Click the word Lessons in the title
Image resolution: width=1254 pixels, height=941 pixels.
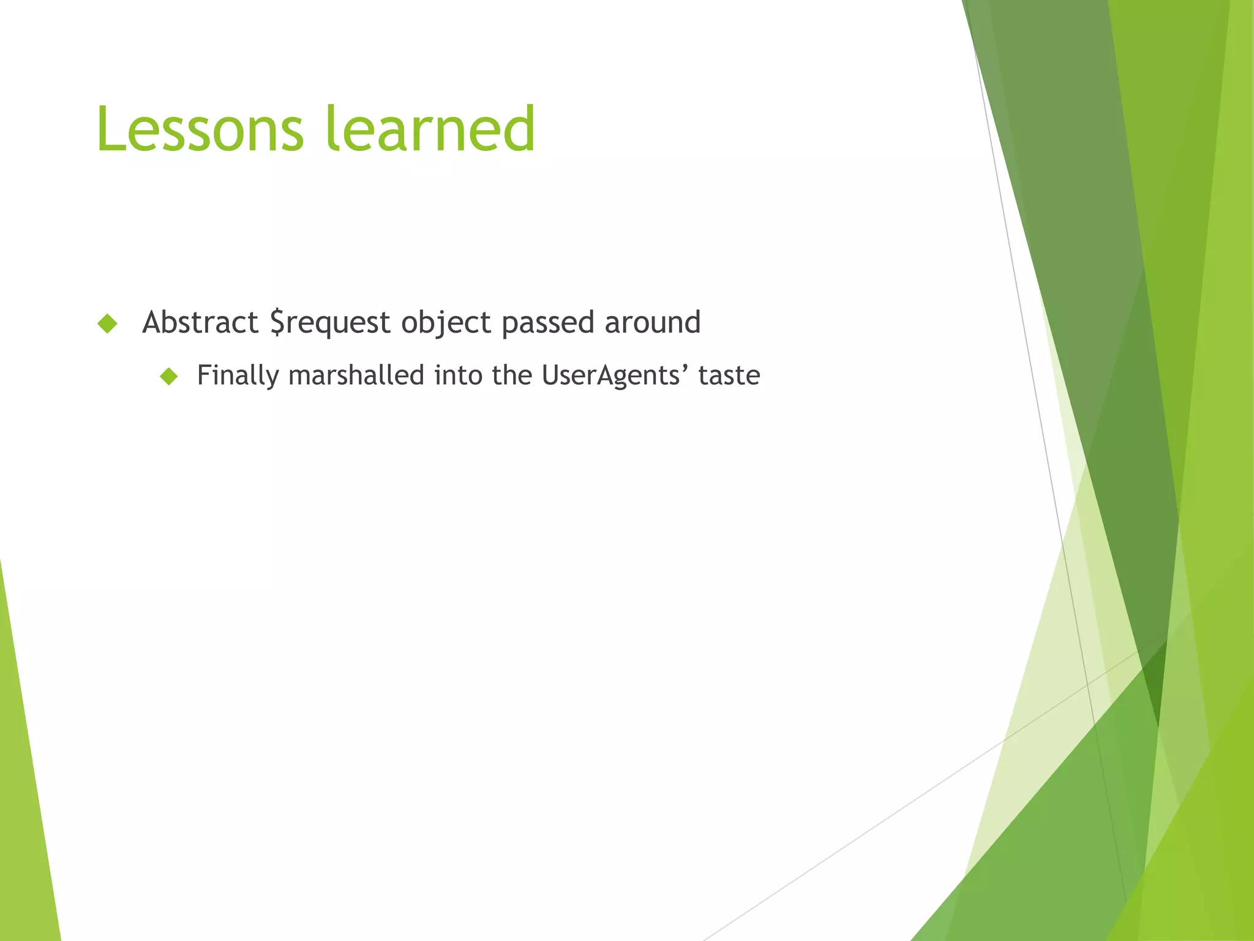[x=200, y=129]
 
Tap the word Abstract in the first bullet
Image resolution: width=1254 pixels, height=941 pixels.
[x=200, y=322]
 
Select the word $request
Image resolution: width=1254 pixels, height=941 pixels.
[x=330, y=323]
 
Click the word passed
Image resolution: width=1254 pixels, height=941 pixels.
[x=547, y=323]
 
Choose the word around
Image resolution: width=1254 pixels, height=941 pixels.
[x=652, y=322]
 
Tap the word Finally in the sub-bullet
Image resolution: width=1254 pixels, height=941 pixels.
[x=238, y=376]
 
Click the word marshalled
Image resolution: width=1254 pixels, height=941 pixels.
[x=356, y=375]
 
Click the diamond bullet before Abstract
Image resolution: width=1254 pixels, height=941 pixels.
[x=107, y=323]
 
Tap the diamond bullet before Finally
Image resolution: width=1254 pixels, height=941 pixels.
[x=168, y=376]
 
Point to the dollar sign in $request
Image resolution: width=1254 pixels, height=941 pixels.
[x=277, y=323]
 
